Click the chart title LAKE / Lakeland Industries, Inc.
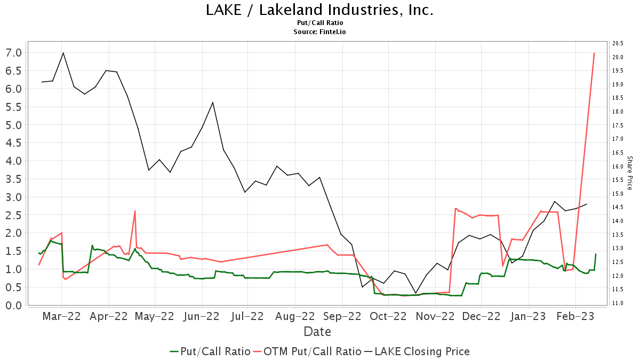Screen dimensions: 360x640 [x=319, y=10]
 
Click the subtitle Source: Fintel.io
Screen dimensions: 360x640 [x=319, y=32]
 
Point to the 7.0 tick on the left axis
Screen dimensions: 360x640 [x=14, y=53]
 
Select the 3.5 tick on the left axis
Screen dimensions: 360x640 [x=14, y=179]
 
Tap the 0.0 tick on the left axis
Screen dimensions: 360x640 [x=14, y=305]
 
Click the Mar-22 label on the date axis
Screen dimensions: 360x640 [x=62, y=316]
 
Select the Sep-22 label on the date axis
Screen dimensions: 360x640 [x=343, y=316]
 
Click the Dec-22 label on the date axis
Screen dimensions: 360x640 [x=481, y=316]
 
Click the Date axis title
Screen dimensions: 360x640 [x=317, y=332]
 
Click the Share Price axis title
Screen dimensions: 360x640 [x=629, y=173]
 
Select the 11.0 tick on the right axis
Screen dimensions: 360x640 [x=617, y=303]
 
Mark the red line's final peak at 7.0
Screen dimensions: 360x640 [x=594, y=53]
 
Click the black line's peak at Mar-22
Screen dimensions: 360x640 [x=63, y=53]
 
